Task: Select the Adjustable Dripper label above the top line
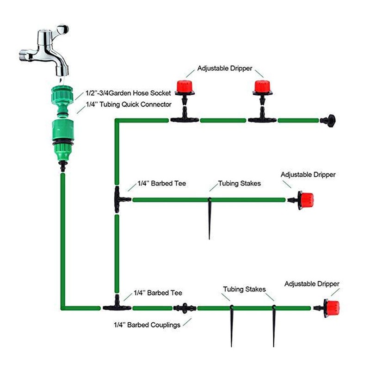[x=225, y=68]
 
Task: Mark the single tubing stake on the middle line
[x=210, y=217]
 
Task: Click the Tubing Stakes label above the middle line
[x=239, y=184]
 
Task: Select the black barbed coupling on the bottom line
[x=185, y=308]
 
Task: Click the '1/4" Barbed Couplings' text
[x=147, y=325]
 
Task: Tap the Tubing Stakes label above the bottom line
[x=244, y=290]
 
